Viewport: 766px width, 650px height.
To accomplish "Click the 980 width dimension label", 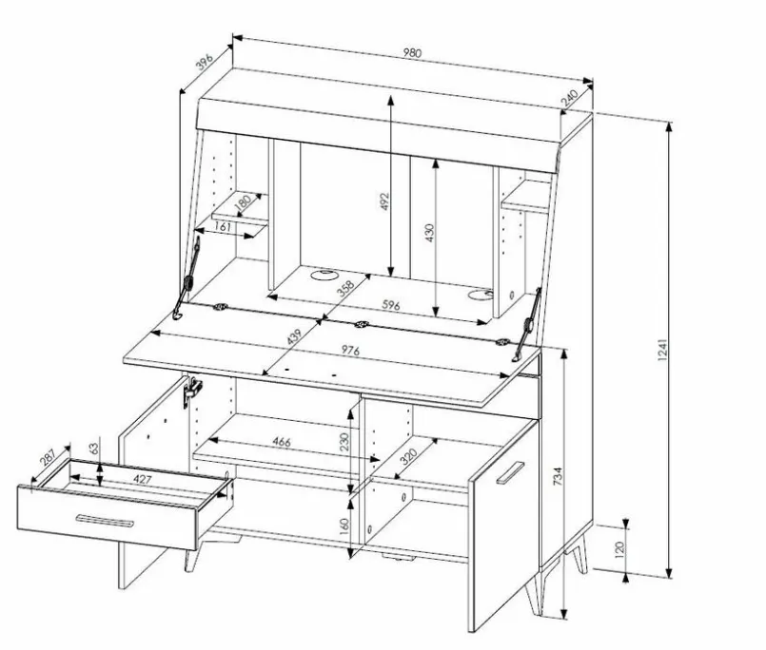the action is point(412,52).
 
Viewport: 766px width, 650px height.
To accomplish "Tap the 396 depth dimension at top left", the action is point(205,63).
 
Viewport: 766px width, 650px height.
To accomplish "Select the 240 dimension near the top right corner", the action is point(569,98).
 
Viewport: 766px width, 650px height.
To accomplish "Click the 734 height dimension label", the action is point(558,476).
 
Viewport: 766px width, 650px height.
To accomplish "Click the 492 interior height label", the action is point(384,201).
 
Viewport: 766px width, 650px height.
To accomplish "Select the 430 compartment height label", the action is point(429,233).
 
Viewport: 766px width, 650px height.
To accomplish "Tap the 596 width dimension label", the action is point(391,305).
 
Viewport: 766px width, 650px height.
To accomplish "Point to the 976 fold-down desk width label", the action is point(350,350).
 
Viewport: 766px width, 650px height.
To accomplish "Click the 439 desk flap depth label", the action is point(294,336).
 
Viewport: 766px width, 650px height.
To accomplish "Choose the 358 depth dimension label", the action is point(345,288).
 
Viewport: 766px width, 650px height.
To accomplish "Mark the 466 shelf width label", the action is point(282,442).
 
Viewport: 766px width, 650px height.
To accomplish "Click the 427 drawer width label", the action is point(142,479).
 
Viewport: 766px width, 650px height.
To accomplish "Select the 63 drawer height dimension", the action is point(94,448).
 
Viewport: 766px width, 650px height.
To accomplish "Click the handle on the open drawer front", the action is point(105,521).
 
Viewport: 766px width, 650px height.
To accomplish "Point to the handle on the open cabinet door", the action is point(510,472).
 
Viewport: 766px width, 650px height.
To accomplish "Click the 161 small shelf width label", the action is point(223,226).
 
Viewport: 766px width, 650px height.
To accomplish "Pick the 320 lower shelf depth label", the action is point(408,456).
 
